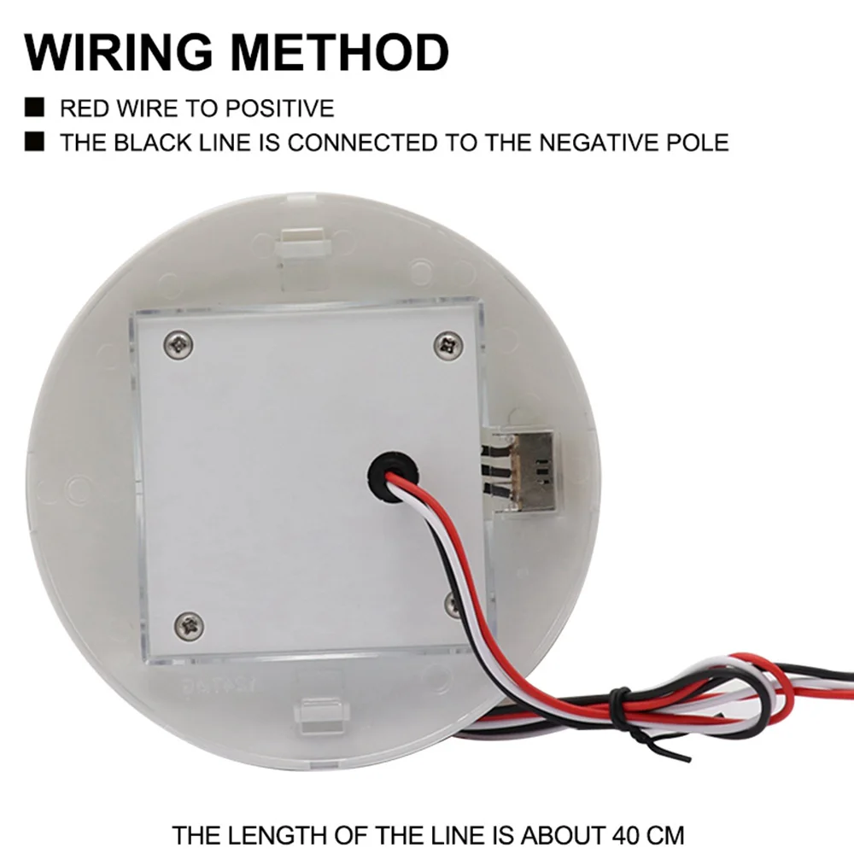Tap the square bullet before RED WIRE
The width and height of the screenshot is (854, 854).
35,108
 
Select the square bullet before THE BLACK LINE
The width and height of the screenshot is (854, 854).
35,142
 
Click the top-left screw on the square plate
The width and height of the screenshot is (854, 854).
178,344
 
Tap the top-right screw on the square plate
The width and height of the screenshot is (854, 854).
448,345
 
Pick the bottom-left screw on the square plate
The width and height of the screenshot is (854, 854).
189,625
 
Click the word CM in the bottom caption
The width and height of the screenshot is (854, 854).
664,833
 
